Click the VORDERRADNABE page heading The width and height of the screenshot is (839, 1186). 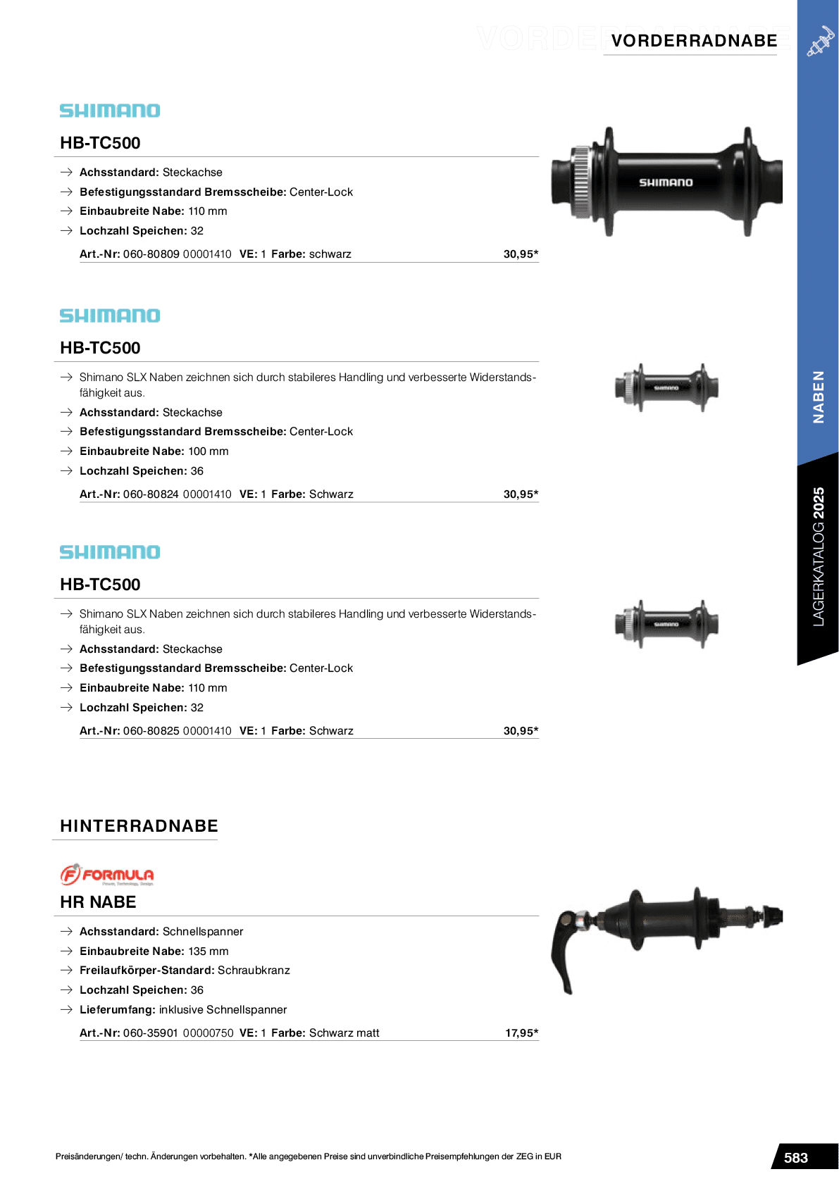click(694, 41)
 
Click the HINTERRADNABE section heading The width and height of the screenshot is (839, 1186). click(139, 826)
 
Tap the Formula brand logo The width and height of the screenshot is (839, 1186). click(107, 875)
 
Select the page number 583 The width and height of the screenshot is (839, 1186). click(796, 1158)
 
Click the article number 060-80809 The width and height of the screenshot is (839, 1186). click(151, 254)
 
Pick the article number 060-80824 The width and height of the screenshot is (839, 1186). click(151, 494)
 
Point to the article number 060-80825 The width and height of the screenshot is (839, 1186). click(151, 731)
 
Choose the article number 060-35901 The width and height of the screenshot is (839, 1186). click(150, 1033)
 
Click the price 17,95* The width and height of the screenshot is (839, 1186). click(521, 1033)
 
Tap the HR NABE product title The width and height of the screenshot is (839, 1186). click(98, 902)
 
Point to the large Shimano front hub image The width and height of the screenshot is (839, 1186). click(666, 182)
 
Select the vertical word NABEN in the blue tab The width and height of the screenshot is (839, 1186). click(818, 397)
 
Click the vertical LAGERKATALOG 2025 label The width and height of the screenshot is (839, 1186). click(818, 556)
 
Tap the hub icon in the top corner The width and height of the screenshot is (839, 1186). click(819, 42)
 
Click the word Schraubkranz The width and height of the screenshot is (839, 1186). click(254, 970)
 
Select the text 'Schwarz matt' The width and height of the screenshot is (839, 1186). click(344, 1033)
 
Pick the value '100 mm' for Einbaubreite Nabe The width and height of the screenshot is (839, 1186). click(209, 451)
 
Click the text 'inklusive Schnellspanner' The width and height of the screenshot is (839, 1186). click(223, 1010)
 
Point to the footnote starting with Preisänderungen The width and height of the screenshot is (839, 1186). click(308, 1156)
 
